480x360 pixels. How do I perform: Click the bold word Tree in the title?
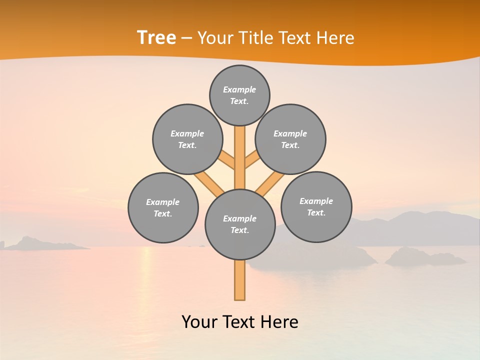pyautogui.click(x=156, y=37)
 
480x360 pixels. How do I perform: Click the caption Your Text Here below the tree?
pyautogui.click(x=240, y=321)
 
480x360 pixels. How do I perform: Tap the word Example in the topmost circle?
pyautogui.click(x=239, y=89)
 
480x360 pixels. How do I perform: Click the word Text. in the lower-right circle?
pyautogui.click(x=316, y=212)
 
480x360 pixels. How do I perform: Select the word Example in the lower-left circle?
pyautogui.click(x=162, y=202)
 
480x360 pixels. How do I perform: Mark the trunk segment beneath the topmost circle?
pyautogui.click(x=240, y=150)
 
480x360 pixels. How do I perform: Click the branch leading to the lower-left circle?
pyautogui.click(x=207, y=182)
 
